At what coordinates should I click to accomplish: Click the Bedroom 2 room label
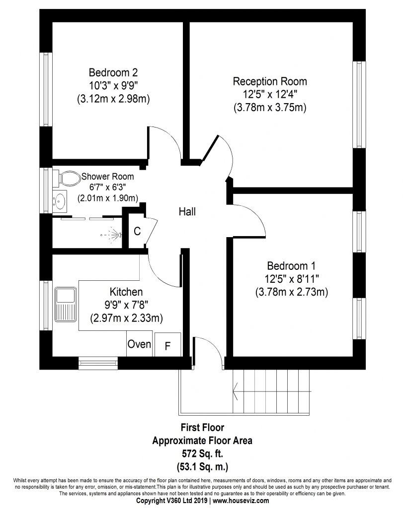(x=113, y=71)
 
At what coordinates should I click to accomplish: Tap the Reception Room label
(x=270, y=81)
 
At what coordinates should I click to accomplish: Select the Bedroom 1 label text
(x=291, y=265)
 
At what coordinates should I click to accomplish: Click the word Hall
(x=187, y=212)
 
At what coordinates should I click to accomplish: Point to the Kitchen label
(x=126, y=292)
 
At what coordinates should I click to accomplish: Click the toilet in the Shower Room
(x=68, y=177)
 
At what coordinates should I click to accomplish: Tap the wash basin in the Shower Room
(x=60, y=201)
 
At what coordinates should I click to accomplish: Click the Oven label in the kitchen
(x=139, y=344)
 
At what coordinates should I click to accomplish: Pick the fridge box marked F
(x=167, y=345)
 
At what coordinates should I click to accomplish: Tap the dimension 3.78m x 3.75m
(x=270, y=107)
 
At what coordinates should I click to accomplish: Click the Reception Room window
(x=358, y=104)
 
